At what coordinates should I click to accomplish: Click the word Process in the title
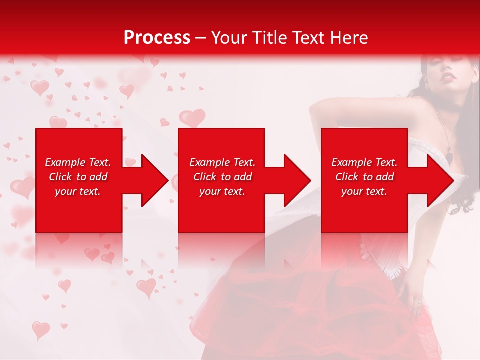pos(157,38)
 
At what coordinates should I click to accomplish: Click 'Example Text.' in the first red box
pos(78,162)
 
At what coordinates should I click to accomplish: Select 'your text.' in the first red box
pos(78,191)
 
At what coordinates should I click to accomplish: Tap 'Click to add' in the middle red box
pos(223,177)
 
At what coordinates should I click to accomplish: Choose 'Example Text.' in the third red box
pos(365,162)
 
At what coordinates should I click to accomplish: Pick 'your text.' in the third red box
pos(365,191)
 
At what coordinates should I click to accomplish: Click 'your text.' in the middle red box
pos(223,191)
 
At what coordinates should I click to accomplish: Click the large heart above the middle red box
pos(192,118)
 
